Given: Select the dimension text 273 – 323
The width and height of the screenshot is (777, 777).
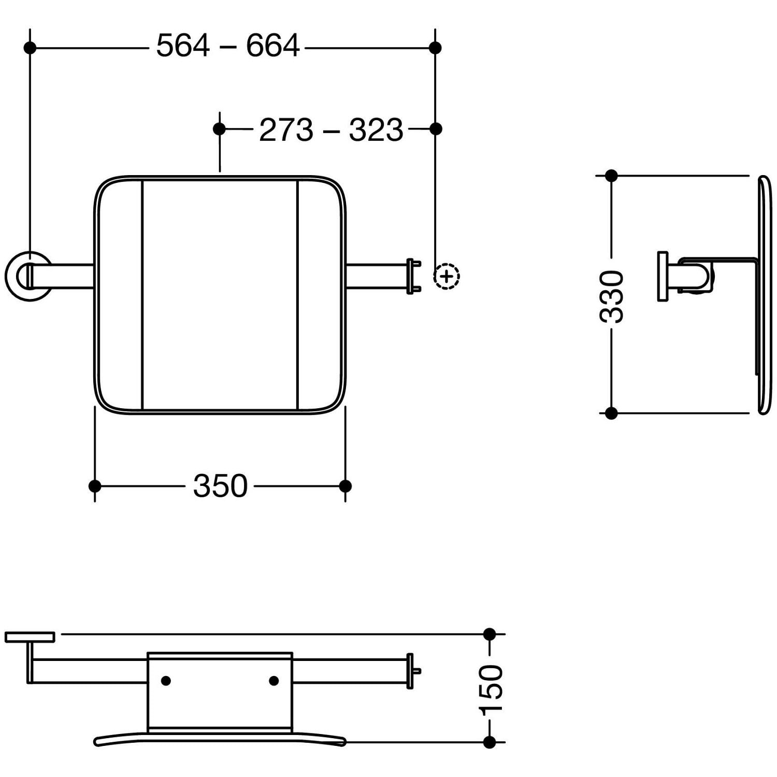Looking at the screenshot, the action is tap(331, 129).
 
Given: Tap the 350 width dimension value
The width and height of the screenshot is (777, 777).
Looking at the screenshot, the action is tap(220, 486).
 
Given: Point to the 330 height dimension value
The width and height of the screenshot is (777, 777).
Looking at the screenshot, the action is tap(611, 297).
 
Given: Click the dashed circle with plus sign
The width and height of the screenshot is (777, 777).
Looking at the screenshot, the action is tap(447, 277).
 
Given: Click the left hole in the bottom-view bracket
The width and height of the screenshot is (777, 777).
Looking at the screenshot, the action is tap(166, 681).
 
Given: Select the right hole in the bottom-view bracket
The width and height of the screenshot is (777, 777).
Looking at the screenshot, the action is tap(274, 681).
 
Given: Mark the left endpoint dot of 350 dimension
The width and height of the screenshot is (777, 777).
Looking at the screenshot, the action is tap(95, 486).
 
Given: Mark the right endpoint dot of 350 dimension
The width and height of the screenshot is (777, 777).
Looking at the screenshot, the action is tap(346, 486).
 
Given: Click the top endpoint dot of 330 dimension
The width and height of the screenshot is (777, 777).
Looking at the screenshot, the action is tap(611, 176).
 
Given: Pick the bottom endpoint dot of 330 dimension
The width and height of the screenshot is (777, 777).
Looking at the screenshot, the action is tap(611, 413).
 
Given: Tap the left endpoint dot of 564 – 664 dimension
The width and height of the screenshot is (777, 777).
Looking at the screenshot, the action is tap(30, 48).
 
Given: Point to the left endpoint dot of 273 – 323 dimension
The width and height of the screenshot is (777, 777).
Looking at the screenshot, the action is tap(220, 128).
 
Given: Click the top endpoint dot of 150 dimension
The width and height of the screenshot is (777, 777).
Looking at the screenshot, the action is tap(490, 634).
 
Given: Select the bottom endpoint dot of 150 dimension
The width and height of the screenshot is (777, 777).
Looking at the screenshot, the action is tap(490, 742).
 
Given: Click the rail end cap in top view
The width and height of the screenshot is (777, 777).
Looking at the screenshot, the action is tap(412, 277).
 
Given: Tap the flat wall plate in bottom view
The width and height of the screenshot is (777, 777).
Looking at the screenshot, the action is tap(30, 637).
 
